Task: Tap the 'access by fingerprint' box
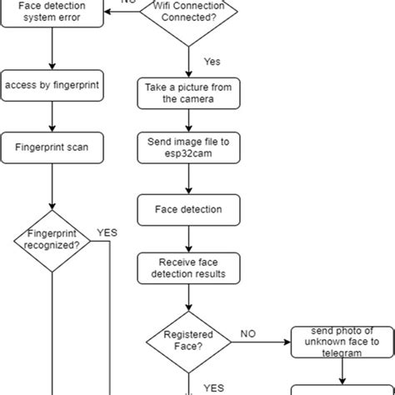point(52,86)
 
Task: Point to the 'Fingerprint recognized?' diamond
point(52,240)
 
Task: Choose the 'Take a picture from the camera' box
point(188,92)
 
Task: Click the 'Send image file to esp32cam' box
point(188,147)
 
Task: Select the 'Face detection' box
point(188,208)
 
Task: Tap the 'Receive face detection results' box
point(188,268)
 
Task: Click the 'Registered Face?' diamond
point(188,340)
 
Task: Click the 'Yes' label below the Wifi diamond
point(212,62)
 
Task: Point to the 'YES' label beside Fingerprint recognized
point(107,232)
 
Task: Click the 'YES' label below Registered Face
point(213,387)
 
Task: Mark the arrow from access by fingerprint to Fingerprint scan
point(52,116)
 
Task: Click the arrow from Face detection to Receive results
point(188,237)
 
